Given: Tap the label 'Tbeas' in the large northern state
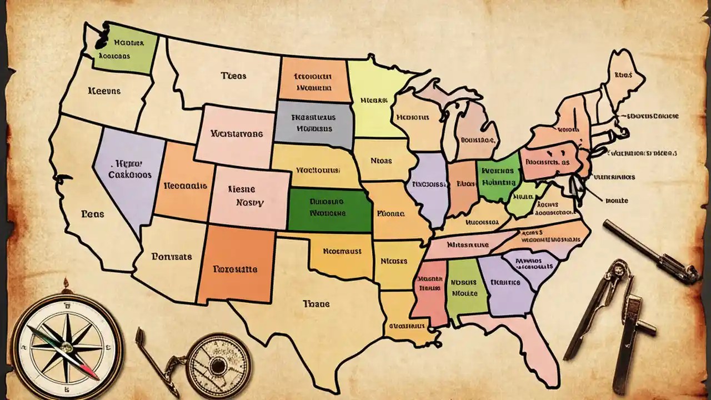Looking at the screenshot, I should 233,76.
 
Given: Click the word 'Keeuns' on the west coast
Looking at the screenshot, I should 104,90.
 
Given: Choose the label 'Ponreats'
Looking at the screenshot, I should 171,257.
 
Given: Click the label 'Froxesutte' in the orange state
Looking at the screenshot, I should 235,269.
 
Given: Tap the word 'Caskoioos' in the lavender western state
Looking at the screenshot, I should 129,174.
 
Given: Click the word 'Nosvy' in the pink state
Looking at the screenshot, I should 250,202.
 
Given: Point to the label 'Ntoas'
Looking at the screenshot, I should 380,161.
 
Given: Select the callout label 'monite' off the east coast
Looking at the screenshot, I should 616,201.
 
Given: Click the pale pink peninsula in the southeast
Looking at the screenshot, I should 528,344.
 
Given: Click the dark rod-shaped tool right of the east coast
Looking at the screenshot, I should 650,250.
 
